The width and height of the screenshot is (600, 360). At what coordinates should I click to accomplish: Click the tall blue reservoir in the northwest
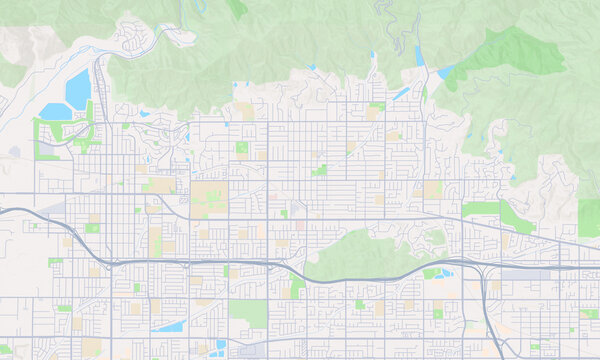pyautogui.click(x=79, y=88)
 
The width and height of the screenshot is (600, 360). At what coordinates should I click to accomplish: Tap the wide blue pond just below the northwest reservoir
pyautogui.click(x=52, y=111)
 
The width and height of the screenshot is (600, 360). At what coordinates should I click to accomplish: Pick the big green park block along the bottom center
pyautogui.click(x=247, y=313)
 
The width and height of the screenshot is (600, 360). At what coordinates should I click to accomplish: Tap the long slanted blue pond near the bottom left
pyautogui.click(x=169, y=326)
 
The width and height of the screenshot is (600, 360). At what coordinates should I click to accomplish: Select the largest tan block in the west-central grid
pyautogui.click(x=209, y=197)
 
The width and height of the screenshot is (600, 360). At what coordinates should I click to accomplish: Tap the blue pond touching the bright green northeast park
pyautogui.click(x=446, y=71)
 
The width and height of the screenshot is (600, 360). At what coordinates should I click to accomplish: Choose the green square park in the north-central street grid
pyautogui.click(x=241, y=148)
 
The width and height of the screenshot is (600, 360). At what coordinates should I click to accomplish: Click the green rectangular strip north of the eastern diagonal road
pyautogui.click(x=480, y=209)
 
